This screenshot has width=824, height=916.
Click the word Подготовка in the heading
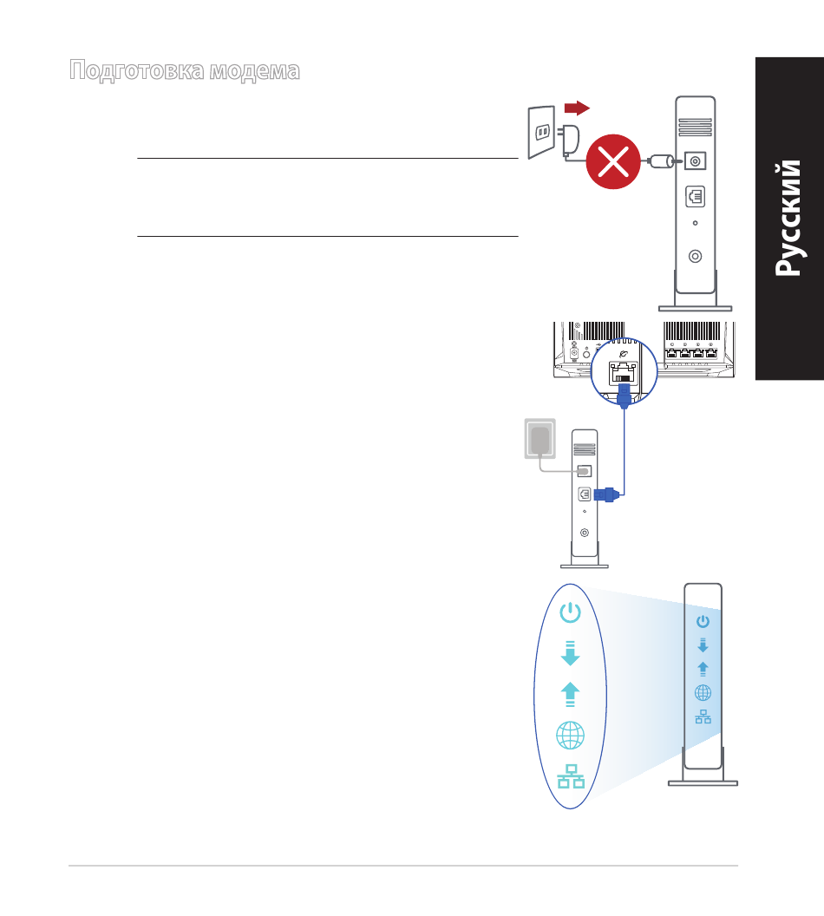[137, 70]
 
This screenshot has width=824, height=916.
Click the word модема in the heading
[255, 71]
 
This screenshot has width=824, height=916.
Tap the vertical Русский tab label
[788, 218]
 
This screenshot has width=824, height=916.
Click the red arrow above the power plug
[577, 108]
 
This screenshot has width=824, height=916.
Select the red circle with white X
[613, 162]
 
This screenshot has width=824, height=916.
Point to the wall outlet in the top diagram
[541, 132]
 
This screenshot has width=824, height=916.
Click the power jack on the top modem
[695, 160]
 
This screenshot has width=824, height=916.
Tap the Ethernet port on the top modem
[695, 197]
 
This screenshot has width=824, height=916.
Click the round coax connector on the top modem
[695, 256]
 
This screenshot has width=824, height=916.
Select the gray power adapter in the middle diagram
[540, 439]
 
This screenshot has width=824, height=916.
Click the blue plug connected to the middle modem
[607, 494]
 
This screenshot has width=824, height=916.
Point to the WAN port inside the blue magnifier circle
[623, 373]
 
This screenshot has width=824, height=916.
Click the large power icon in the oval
[570, 612]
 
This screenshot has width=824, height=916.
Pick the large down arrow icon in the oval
[570, 653]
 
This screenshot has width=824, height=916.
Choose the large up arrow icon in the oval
[570, 695]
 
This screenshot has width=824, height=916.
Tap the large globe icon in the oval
[570, 735]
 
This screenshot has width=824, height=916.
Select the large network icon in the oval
[571, 776]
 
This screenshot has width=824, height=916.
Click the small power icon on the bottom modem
[703, 621]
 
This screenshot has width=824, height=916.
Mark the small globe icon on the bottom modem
[703, 693]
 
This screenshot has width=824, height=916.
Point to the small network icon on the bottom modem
[703, 716]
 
